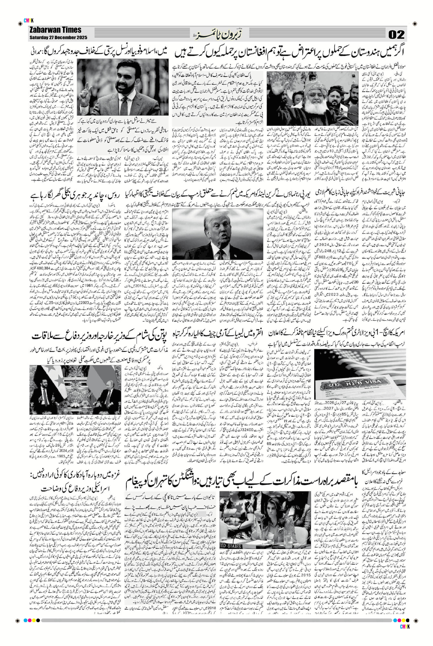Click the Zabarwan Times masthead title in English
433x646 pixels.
click(55, 30)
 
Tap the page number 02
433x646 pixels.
click(396, 35)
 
